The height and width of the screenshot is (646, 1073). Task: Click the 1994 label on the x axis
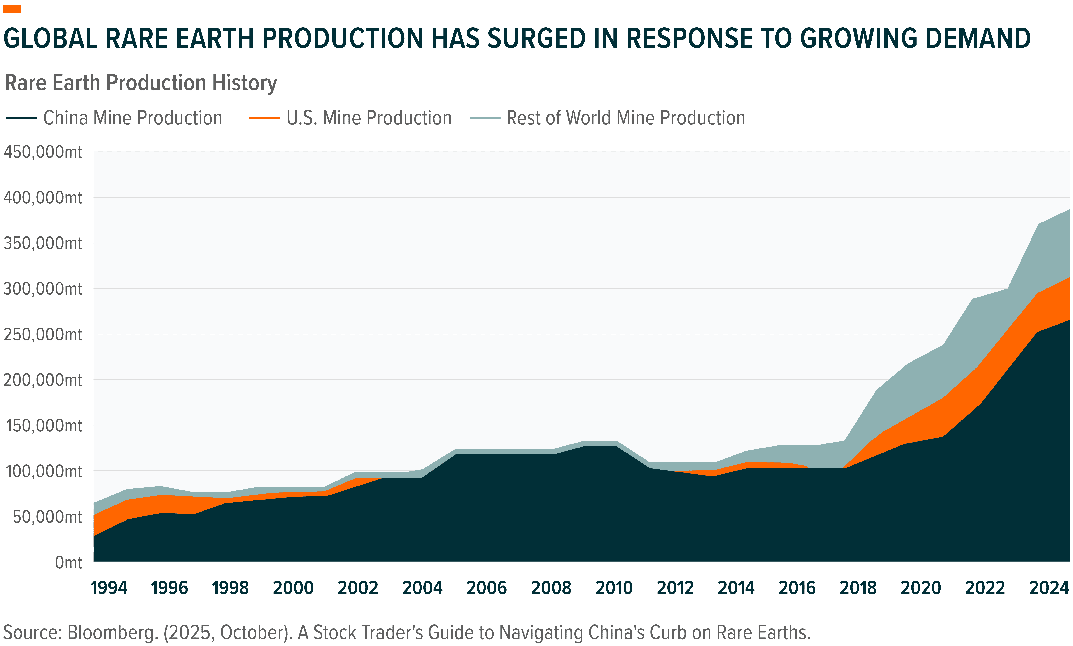[x=109, y=588]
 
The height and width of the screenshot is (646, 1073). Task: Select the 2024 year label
[x=1049, y=588]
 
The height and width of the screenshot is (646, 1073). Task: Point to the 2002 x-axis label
[x=358, y=588]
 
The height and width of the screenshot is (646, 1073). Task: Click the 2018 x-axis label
[x=858, y=588]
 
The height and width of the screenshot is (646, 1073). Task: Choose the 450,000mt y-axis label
[x=43, y=152]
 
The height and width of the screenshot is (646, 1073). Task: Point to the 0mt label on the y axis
[x=68, y=562]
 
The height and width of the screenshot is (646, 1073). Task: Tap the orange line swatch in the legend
[x=265, y=118]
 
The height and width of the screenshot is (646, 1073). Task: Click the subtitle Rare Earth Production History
[x=140, y=83]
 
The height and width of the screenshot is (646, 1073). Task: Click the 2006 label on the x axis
[x=486, y=588]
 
